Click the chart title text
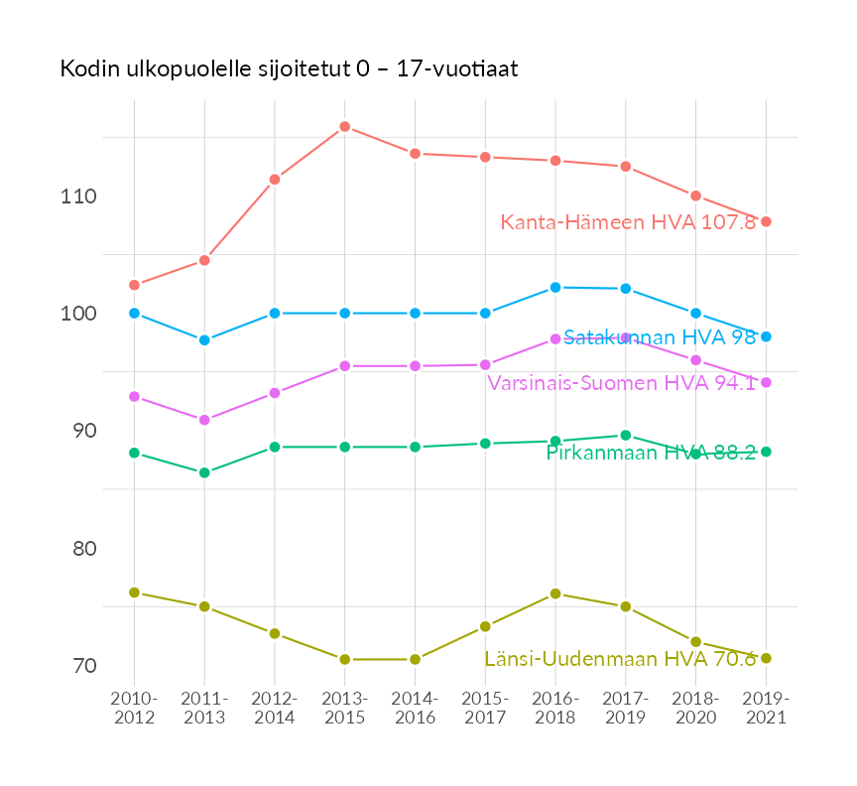pyautogui.click(x=289, y=69)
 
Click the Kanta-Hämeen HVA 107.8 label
pyautogui.click(x=628, y=222)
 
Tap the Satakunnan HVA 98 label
pyautogui.click(x=660, y=337)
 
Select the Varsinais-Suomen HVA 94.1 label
pyautogui.click(x=621, y=383)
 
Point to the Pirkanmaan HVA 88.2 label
pyautogui.click(x=651, y=453)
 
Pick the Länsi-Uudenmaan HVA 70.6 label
pyautogui.click(x=620, y=659)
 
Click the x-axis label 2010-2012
pyautogui.click(x=135, y=709)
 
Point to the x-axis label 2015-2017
pyautogui.click(x=485, y=709)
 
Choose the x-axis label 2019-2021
pyautogui.click(x=766, y=709)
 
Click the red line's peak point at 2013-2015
pyautogui.click(x=344, y=126)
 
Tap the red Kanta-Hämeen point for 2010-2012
pyautogui.click(x=134, y=285)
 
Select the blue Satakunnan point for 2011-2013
pyautogui.click(x=204, y=340)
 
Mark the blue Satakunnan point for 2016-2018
pyautogui.click(x=555, y=287)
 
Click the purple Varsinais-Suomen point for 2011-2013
pyautogui.click(x=204, y=420)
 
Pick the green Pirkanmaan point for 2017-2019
pyautogui.click(x=626, y=435)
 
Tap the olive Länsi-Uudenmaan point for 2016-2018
pyautogui.click(x=555, y=593)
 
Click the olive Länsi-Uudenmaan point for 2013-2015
pyautogui.click(x=344, y=659)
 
